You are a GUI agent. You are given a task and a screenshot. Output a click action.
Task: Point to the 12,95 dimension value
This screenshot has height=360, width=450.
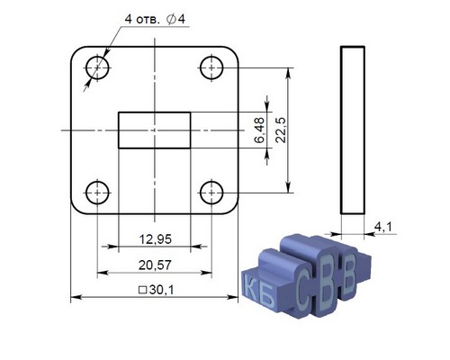click(x=156, y=239)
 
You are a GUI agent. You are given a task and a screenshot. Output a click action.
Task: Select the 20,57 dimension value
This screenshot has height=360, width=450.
click(x=155, y=265)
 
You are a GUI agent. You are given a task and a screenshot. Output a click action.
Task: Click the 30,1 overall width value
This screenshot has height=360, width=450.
click(x=161, y=290)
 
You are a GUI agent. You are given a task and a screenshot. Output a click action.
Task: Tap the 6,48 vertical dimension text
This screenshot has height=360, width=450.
click(x=259, y=130)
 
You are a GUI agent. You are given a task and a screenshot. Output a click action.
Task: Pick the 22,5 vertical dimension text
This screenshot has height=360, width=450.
click(x=281, y=130)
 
